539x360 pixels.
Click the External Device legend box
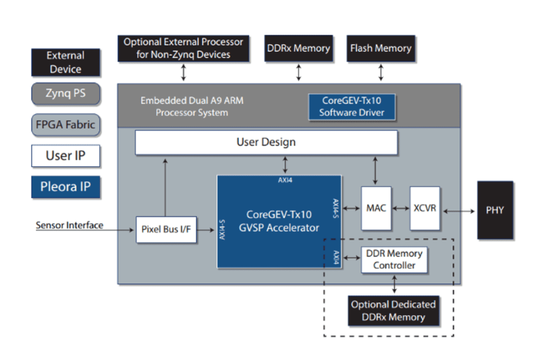[65, 62]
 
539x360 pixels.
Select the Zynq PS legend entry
[65, 94]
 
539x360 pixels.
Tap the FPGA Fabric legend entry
[65, 125]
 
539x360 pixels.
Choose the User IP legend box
[65, 156]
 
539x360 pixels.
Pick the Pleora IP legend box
[65, 187]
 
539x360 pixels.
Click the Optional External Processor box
[183, 48]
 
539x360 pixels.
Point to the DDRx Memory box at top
[298, 48]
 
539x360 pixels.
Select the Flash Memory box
[381, 48]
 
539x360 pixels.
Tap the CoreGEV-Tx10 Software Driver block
[352, 106]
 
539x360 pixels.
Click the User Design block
[266, 142]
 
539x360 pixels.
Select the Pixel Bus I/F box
[166, 229]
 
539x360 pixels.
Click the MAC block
[376, 208]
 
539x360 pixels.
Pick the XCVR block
[425, 208]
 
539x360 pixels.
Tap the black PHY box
[495, 210]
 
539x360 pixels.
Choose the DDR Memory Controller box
[394, 259]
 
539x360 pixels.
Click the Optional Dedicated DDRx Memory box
[393, 311]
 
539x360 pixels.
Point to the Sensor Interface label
[69, 225]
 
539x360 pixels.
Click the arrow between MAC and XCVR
[401, 208]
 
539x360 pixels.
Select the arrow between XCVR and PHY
[458, 210]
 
